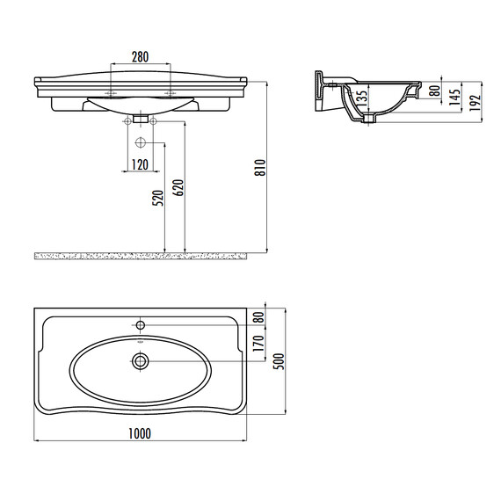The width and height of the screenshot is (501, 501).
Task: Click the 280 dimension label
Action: coord(141,57)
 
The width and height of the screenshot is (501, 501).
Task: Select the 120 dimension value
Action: coord(141,165)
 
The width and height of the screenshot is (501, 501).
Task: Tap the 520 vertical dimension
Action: coord(158,198)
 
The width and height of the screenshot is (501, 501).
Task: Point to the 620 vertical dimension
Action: coord(178,188)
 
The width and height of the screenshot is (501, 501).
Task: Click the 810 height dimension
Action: coord(260,167)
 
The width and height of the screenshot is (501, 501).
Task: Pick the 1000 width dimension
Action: coord(140,433)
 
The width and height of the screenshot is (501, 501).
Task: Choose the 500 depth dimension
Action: coord(279,361)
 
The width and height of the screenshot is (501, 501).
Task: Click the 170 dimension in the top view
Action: coord(258,343)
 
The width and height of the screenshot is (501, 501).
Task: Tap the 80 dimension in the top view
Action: coord(259,317)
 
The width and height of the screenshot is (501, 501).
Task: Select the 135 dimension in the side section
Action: coord(361,98)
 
